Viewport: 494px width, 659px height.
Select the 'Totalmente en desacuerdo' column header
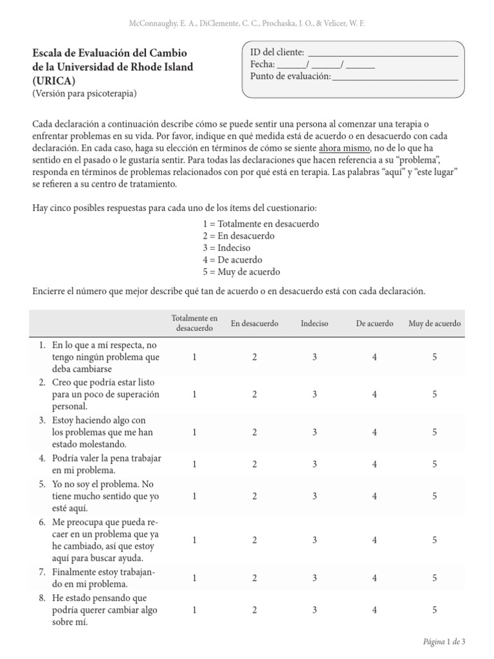(x=194, y=323)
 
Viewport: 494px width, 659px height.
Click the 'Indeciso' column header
(x=315, y=324)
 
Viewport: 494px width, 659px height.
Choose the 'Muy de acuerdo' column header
(x=434, y=324)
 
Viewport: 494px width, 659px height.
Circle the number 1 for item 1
(x=194, y=357)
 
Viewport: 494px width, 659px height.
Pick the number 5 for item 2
(x=435, y=394)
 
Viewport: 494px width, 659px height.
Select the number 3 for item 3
(x=315, y=432)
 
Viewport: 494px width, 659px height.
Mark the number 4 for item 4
(x=374, y=463)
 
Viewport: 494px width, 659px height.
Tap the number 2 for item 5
(x=255, y=496)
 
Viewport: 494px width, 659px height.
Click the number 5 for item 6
(x=435, y=539)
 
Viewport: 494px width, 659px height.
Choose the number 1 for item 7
(x=194, y=578)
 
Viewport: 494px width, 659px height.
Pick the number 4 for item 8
(x=374, y=609)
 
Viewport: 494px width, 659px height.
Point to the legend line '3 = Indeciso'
(x=226, y=248)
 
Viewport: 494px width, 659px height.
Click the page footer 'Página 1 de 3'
(x=443, y=642)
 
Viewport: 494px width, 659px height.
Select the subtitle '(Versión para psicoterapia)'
(x=84, y=93)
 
